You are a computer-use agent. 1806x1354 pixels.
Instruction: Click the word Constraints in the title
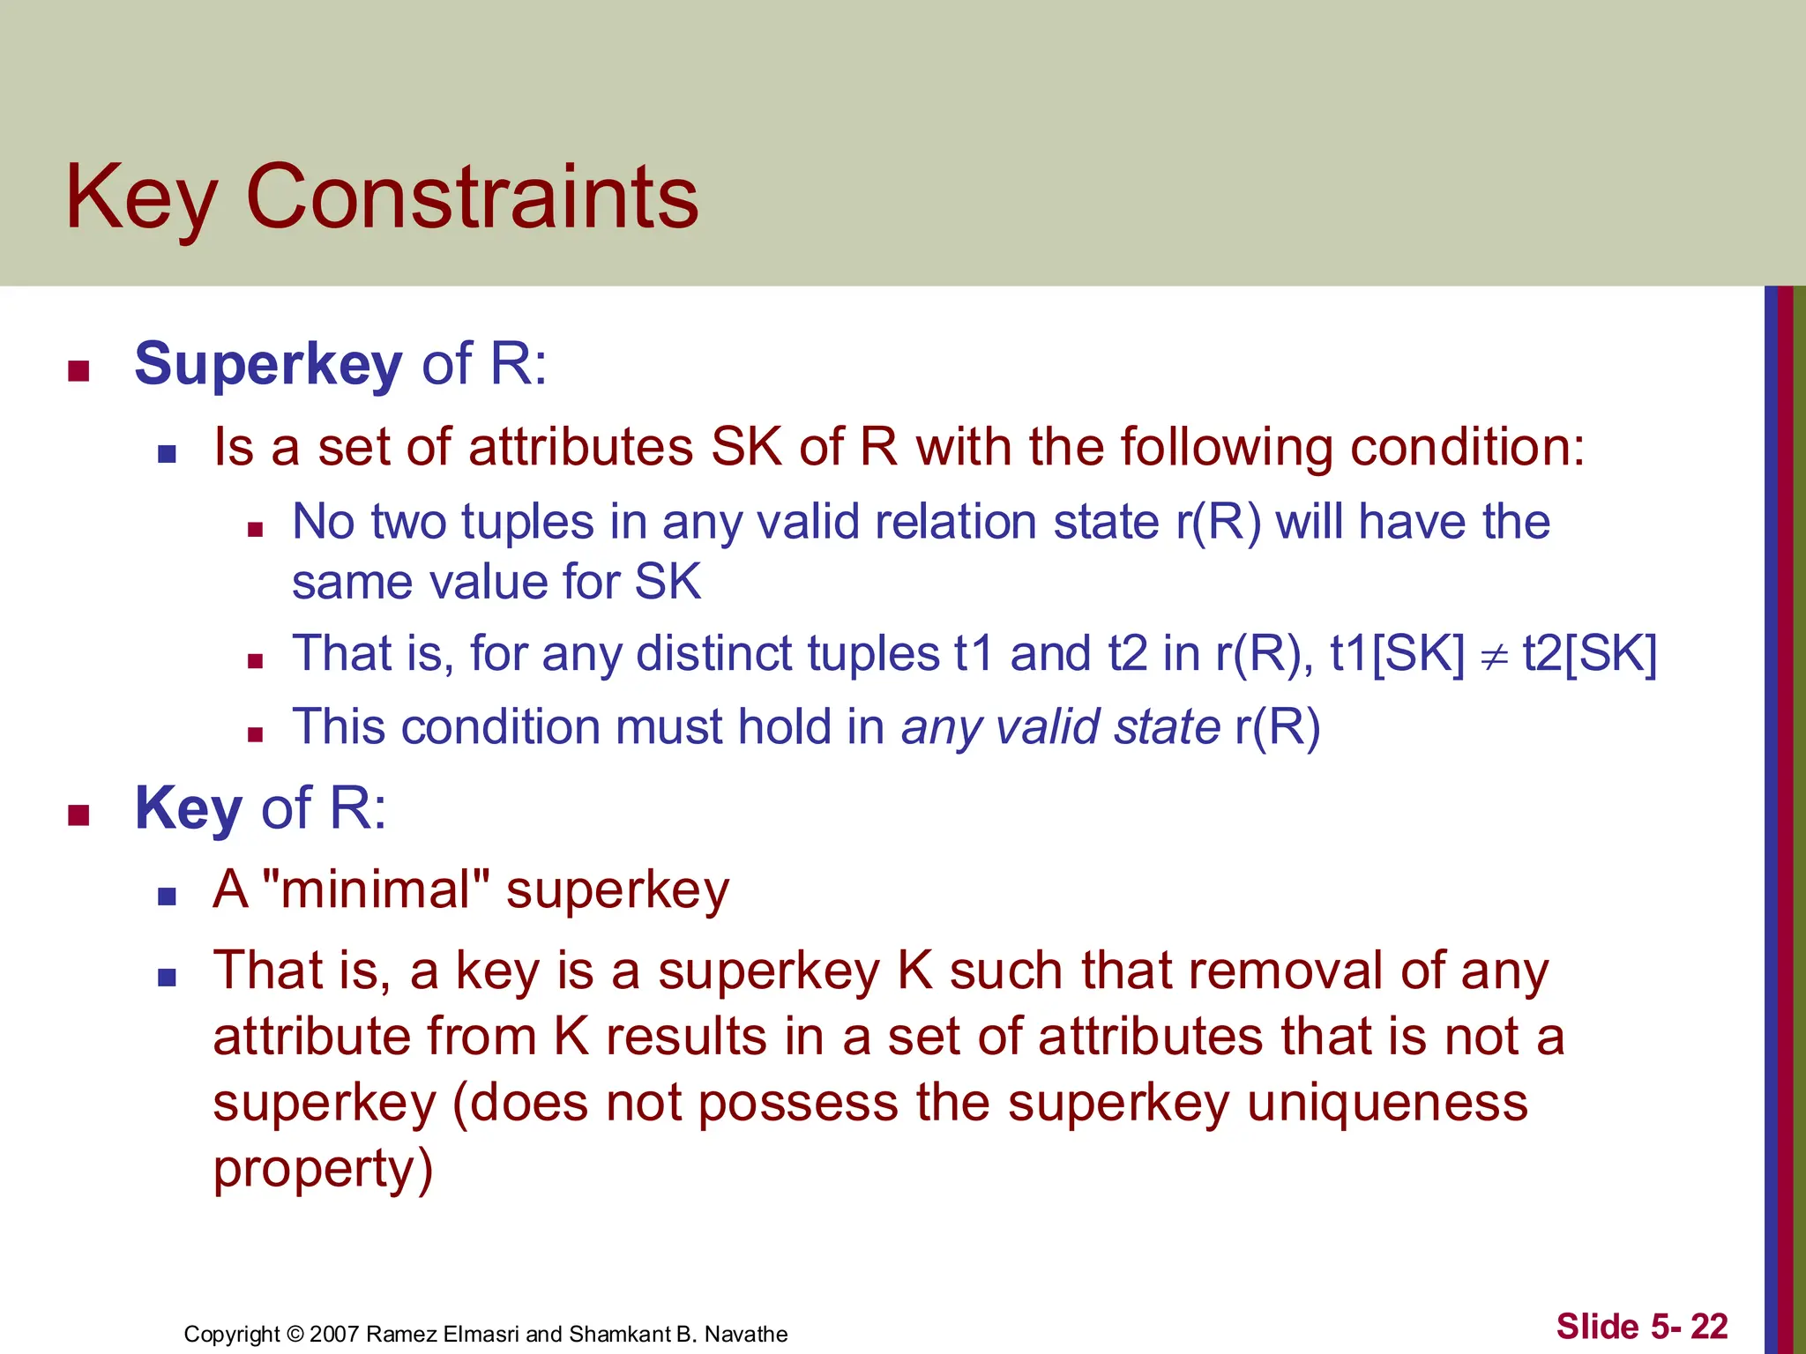click(472, 197)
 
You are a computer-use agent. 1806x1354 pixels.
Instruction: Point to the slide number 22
click(1709, 1326)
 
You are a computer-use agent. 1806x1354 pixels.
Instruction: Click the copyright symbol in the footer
click(295, 1334)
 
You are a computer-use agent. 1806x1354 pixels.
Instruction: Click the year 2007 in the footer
click(334, 1334)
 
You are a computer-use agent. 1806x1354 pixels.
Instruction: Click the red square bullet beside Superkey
click(79, 370)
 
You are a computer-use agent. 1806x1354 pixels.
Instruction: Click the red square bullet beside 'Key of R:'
click(79, 815)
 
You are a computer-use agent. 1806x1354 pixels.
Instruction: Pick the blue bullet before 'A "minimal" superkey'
click(167, 896)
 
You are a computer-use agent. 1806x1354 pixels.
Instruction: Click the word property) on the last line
click(323, 1169)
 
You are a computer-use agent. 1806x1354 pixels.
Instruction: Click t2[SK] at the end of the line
click(1590, 654)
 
